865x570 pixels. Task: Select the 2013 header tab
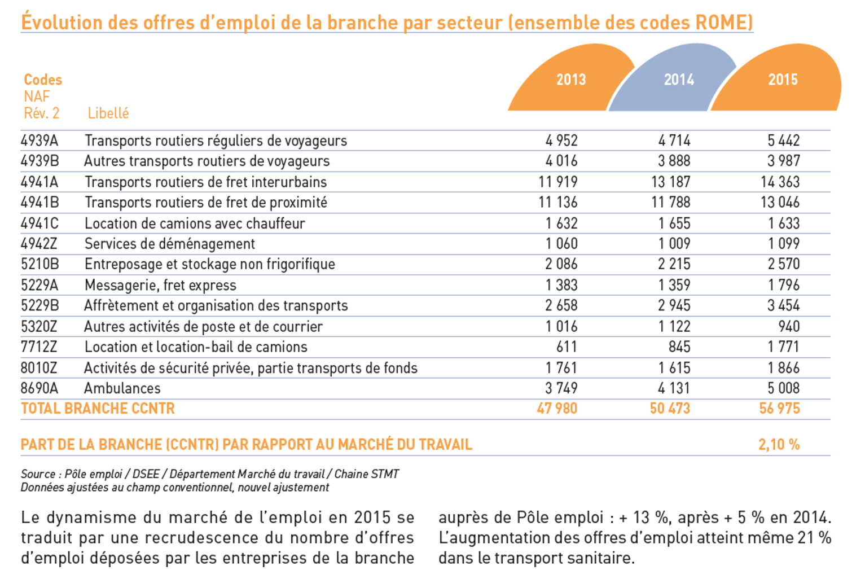(x=570, y=80)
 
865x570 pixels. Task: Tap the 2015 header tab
(x=783, y=80)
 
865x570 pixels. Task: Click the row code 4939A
(x=39, y=141)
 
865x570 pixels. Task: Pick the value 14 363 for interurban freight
(x=780, y=182)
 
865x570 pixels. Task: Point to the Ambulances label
(x=122, y=388)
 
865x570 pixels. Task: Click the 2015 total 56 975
(x=779, y=409)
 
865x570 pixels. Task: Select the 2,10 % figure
(x=779, y=445)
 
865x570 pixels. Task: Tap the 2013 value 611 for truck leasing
(x=567, y=347)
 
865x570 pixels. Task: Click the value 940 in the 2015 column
(x=789, y=326)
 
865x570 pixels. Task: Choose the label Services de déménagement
(x=169, y=244)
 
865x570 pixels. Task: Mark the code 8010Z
(x=39, y=368)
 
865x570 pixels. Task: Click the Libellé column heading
(x=108, y=113)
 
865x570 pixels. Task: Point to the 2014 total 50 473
(x=670, y=409)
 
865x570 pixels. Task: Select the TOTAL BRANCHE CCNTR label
(x=98, y=409)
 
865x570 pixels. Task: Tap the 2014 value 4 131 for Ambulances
(x=674, y=388)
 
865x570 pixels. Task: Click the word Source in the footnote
(x=38, y=474)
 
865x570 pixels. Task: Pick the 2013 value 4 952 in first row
(x=561, y=141)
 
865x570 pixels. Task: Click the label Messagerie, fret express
(x=160, y=285)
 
